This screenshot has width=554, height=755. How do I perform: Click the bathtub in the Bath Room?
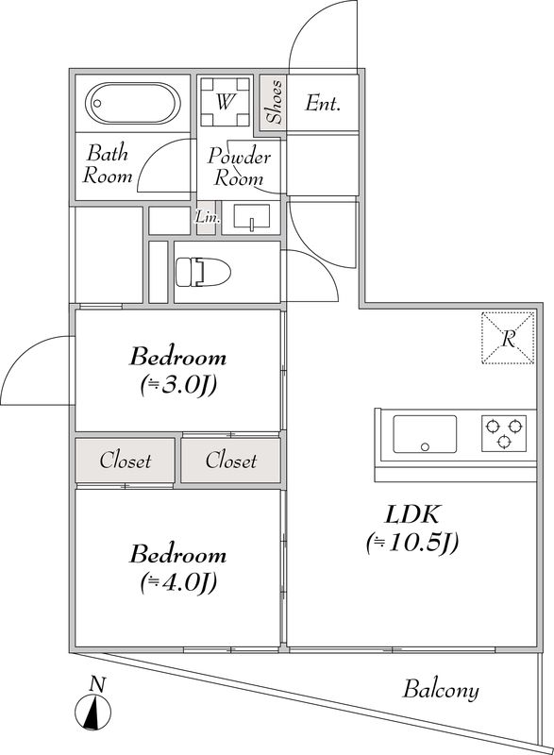point(134,102)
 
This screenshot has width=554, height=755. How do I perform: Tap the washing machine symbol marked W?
point(225,102)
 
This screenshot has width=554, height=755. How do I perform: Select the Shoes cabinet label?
point(273,102)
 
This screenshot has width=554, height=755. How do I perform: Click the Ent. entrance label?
point(322,104)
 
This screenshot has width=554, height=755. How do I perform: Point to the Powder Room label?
point(239,167)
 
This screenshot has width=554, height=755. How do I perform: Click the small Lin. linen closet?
point(207,218)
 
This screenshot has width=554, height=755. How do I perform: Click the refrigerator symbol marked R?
point(508,337)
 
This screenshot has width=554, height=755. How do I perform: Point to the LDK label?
point(411,515)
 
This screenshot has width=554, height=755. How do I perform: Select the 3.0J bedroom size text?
point(178,385)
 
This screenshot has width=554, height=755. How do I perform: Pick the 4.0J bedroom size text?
point(178,582)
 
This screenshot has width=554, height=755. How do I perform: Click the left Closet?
point(126,461)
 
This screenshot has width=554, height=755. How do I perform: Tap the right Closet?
point(231,461)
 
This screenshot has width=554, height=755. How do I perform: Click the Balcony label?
point(441,690)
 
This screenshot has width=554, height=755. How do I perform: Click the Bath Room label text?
point(107,164)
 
